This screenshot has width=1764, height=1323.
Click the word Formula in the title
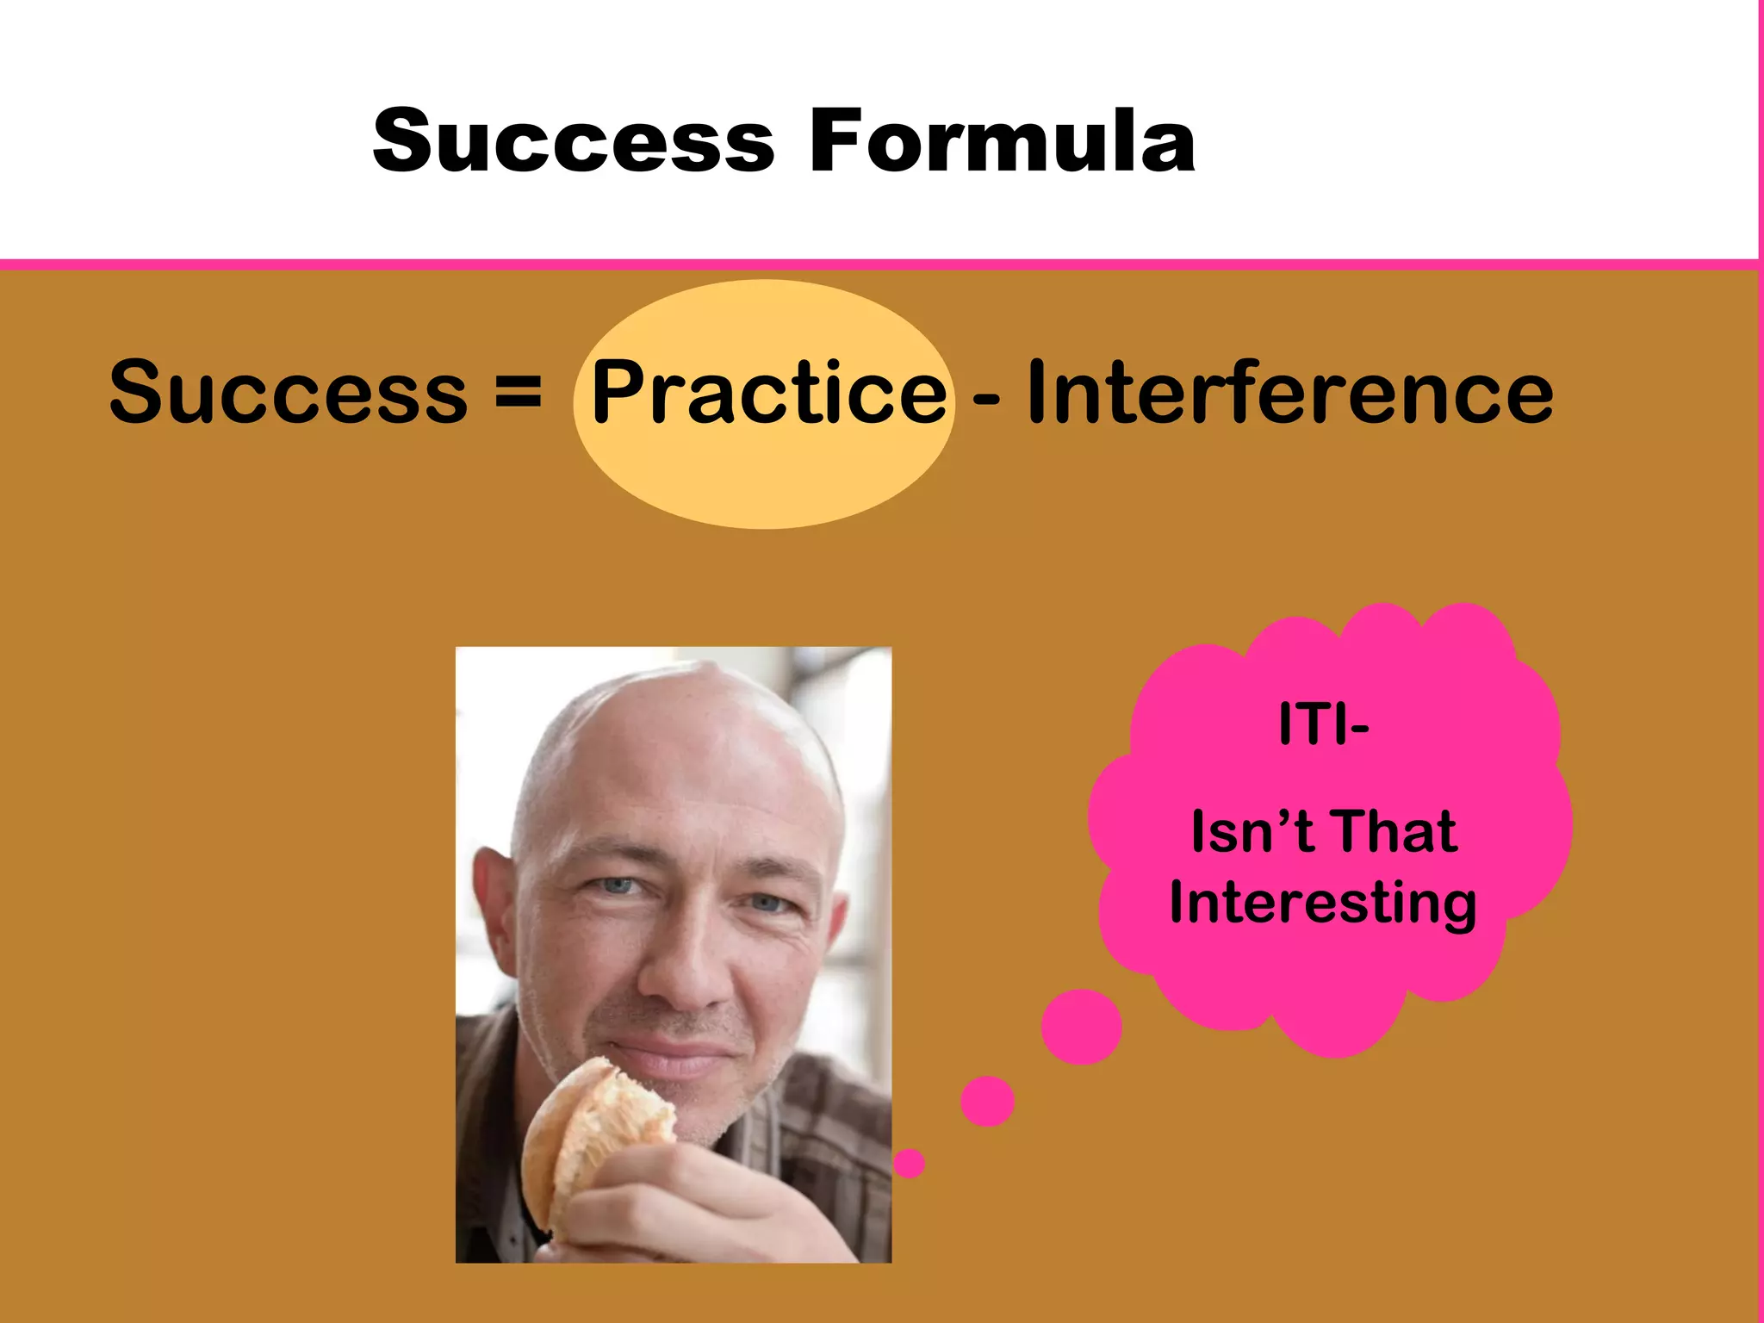click(x=1002, y=140)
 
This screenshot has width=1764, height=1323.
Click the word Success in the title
click(x=574, y=140)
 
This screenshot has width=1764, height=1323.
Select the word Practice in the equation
click(x=768, y=392)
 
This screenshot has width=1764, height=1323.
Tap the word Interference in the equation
click(x=1289, y=392)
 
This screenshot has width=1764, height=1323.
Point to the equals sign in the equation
click(x=519, y=392)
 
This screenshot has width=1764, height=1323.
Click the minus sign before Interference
click(x=986, y=399)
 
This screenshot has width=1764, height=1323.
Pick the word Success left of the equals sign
click(x=289, y=392)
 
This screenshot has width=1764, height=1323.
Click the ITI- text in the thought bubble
click(x=1323, y=724)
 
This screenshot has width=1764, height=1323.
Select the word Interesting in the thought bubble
click(x=1323, y=904)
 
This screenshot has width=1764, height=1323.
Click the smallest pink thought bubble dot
click(x=909, y=1164)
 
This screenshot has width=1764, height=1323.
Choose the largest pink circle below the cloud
click(x=1081, y=1026)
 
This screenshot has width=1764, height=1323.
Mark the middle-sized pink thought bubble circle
click(x=987, y=1101)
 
